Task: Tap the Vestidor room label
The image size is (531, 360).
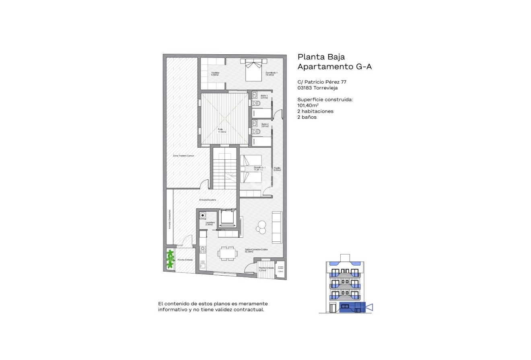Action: [215, 74]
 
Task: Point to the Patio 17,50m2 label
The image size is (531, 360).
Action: [222, 130]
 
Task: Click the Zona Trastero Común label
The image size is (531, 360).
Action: [183, 155]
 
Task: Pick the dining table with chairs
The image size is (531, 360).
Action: [227, 253]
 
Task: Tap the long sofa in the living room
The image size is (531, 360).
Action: [277, 227]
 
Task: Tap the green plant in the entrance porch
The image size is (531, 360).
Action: [171, 259]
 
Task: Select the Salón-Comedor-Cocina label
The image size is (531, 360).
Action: [256, 251]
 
